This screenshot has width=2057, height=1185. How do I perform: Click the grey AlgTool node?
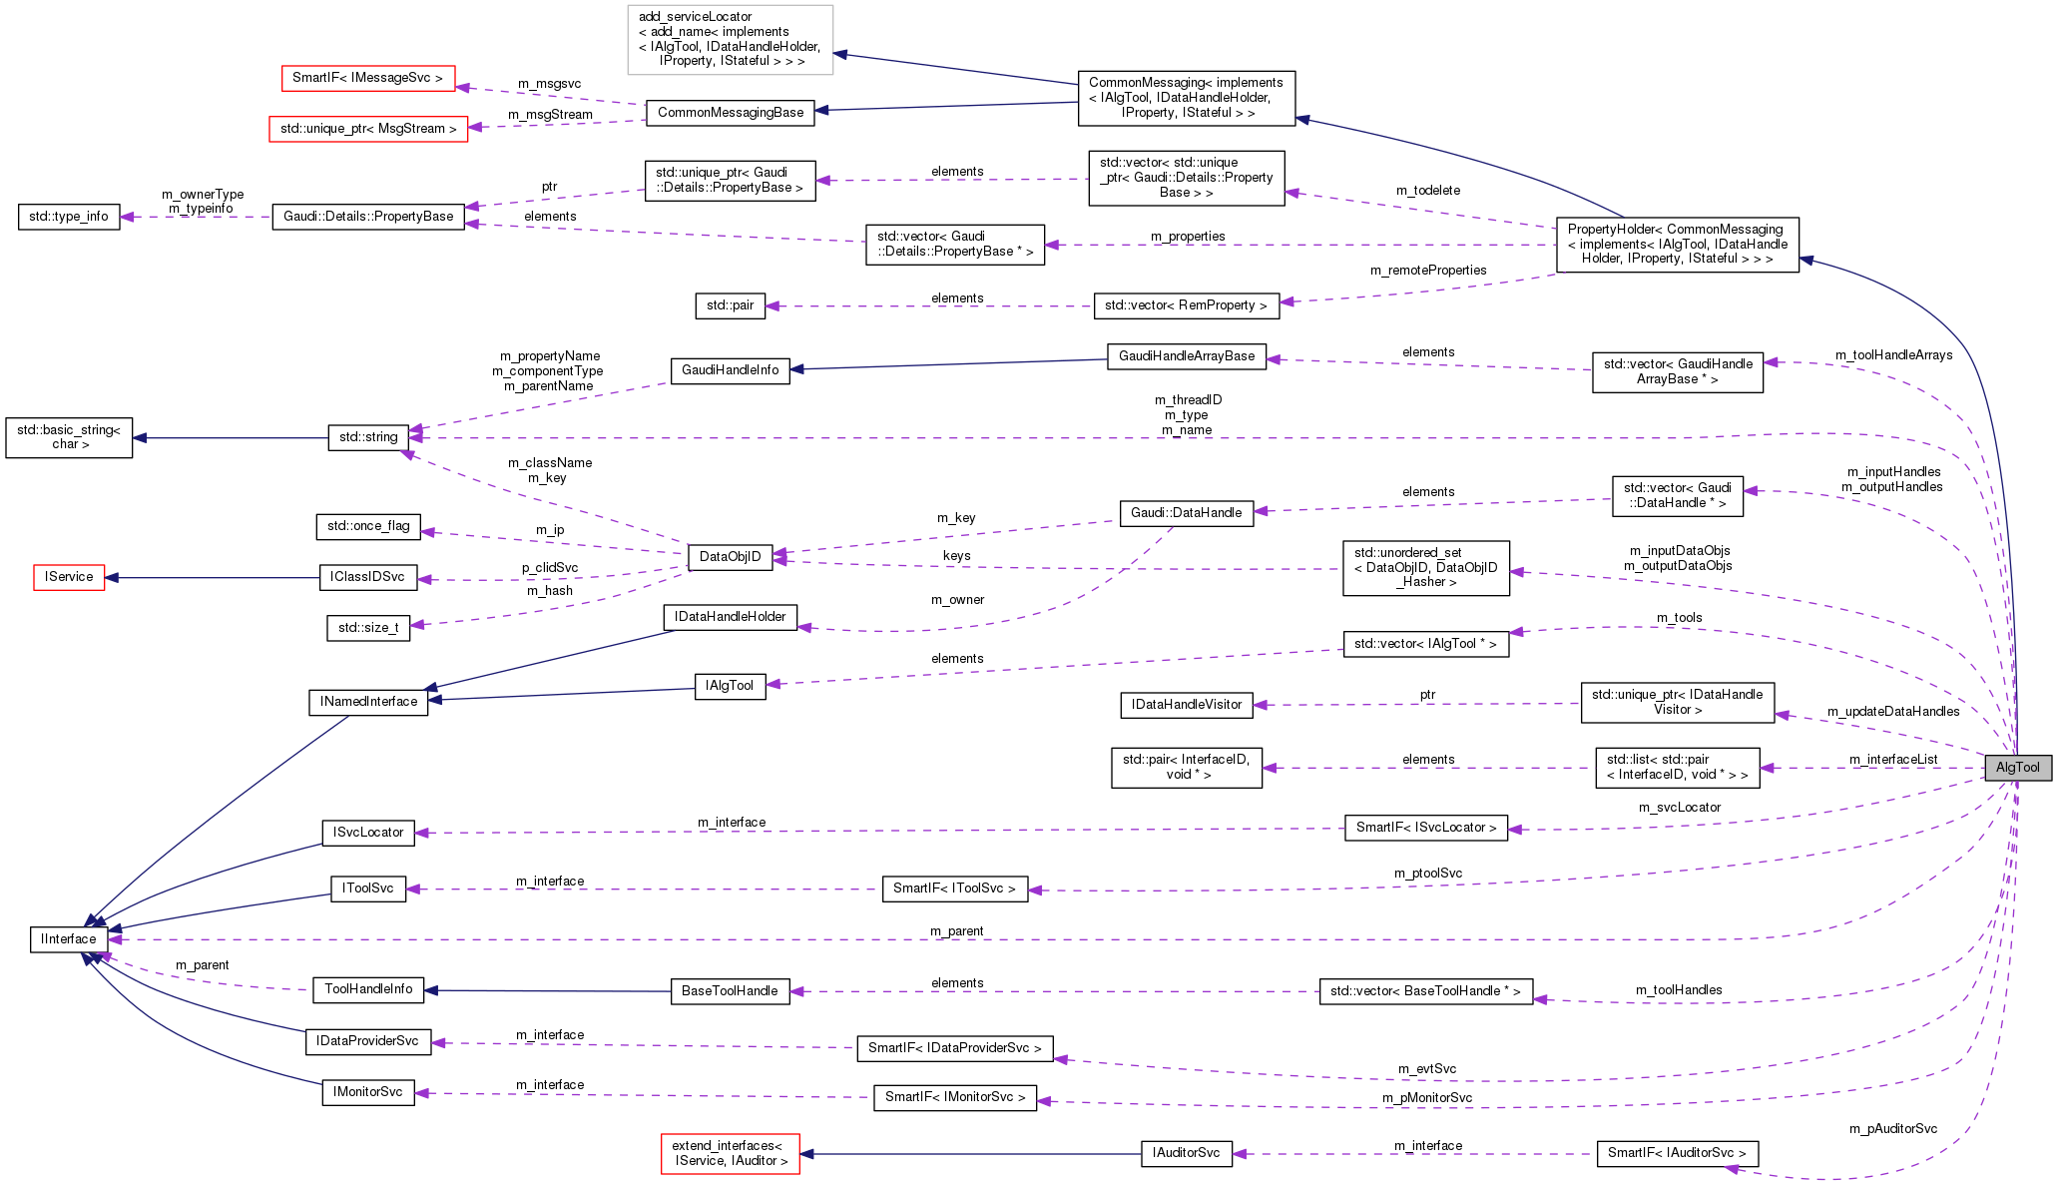coord(2017,767)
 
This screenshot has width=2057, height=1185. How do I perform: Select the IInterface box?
coord(69,939)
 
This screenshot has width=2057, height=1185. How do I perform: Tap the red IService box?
coord(69,577)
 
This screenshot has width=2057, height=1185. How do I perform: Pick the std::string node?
coord(368,437)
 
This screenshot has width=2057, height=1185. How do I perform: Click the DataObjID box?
coord(730,557)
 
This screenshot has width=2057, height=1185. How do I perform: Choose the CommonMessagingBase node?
coord(731,113)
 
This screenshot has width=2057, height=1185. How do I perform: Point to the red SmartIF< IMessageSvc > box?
coord(367,78)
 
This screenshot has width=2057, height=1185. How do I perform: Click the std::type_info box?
coord(69,217)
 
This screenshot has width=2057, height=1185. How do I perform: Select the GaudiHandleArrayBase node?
coord(1186,356)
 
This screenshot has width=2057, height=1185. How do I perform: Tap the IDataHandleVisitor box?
coord(1186,705)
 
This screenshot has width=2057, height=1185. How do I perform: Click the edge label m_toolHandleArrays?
coord(1893,355)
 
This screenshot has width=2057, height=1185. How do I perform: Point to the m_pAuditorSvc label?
coord(1892,1129)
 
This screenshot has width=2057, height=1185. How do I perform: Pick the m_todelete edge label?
coord(1427,191)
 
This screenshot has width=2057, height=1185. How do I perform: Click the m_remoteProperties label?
coord(1427,271)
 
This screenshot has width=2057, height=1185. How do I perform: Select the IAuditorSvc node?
coord(1186,1153)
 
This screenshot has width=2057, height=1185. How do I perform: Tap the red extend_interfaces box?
coord(730,1153)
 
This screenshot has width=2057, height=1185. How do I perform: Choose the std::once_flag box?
coord(368,526)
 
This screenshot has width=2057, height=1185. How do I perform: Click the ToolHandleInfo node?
coord(368,989)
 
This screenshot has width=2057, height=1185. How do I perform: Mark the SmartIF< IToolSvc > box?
coord(954,889)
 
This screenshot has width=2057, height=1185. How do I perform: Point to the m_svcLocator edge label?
coord(1679,808)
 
